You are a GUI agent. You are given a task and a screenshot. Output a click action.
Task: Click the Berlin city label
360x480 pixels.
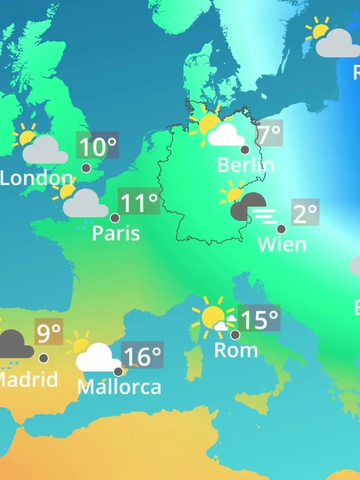[246, 165]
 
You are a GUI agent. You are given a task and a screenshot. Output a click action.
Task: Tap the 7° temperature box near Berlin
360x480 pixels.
[269, 133]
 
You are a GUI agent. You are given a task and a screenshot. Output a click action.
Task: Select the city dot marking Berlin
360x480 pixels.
[245, 149]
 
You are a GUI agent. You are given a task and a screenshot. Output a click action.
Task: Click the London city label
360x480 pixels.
[36, 178]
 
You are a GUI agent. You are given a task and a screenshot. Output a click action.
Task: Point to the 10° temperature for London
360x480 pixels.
[97, 145]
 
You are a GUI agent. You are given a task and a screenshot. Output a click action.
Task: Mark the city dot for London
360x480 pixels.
[86, 168]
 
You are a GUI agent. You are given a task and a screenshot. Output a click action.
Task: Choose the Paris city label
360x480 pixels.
[116, 233]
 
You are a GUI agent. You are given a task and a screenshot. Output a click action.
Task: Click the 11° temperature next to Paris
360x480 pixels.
[139, 201]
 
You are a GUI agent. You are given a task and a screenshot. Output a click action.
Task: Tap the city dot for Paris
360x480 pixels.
[115, 218]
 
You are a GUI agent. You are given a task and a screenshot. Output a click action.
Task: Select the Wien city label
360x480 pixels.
[282, 244]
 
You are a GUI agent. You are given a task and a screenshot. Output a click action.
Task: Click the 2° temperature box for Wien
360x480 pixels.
[305, 212]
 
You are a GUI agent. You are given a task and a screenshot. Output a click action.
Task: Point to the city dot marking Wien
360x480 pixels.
[281, 229]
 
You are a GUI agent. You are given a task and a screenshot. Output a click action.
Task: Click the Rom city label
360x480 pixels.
[236, 350]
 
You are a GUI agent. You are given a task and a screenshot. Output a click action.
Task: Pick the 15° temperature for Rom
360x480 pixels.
[259, 319]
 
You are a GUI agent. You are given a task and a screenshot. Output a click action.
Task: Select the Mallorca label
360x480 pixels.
[119, 387]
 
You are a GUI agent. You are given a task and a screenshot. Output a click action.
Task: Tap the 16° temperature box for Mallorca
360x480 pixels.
[142, 355]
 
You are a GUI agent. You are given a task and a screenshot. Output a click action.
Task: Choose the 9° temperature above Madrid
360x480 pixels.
[49, 332]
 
